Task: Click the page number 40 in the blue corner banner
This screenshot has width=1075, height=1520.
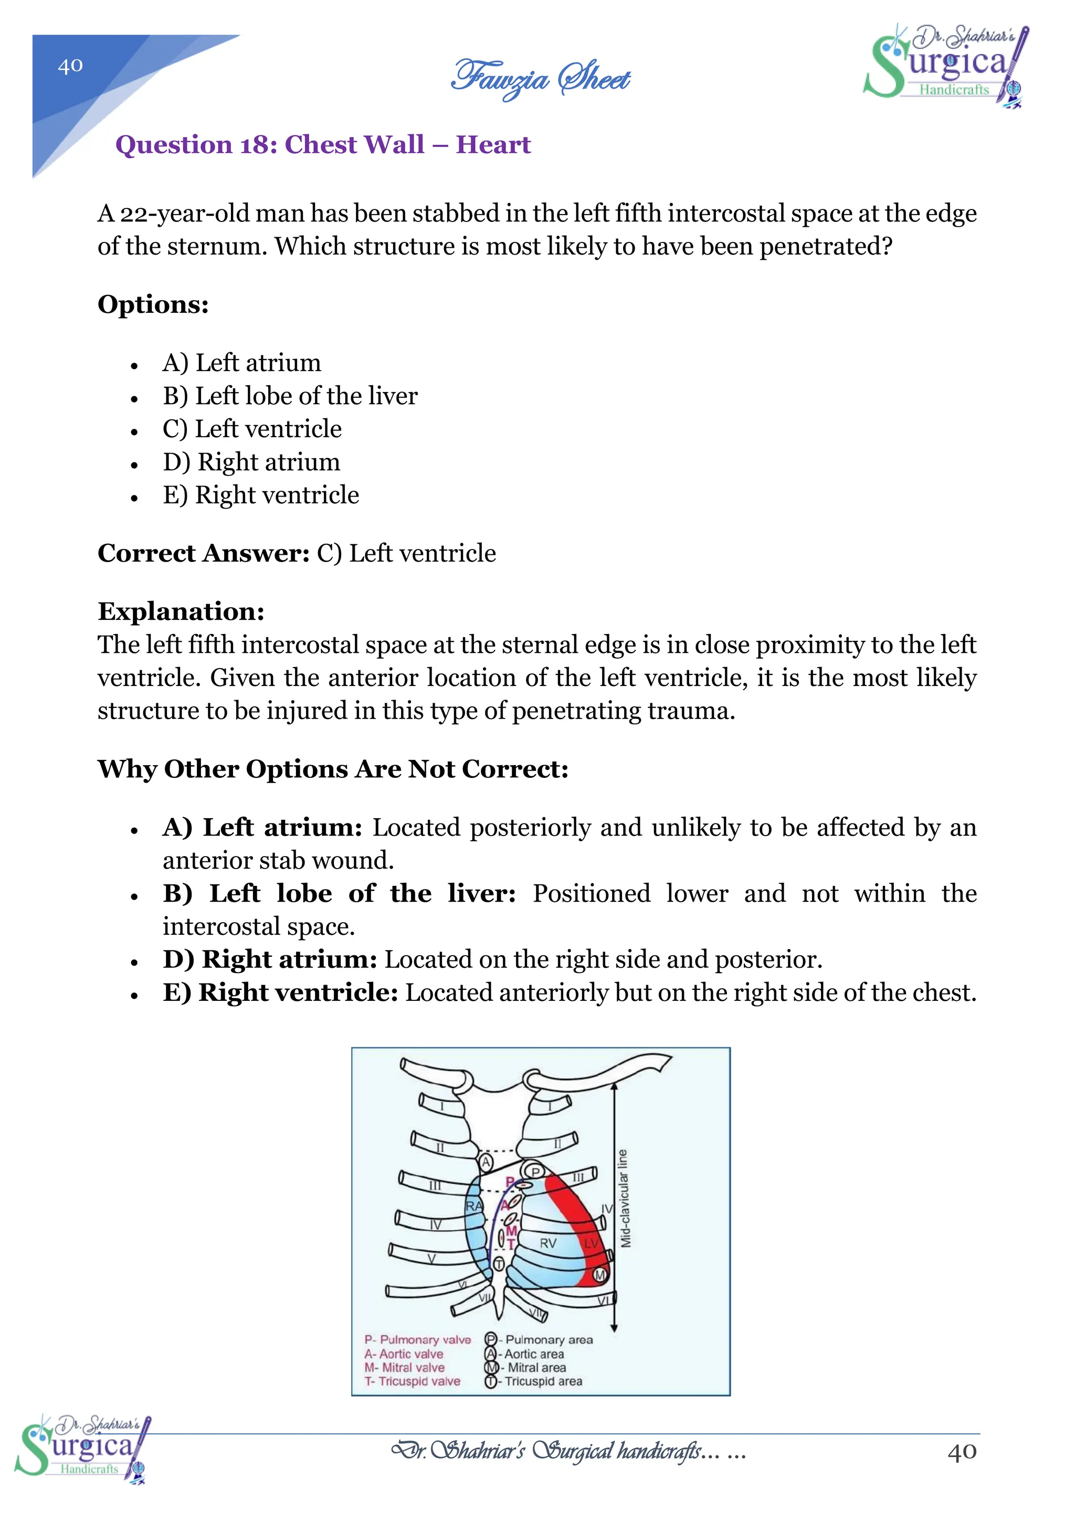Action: coord(70,66)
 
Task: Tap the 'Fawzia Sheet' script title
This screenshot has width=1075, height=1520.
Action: coord(540,78)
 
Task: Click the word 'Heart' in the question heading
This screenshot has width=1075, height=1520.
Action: coord(493,144)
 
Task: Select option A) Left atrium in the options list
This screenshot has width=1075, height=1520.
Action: coord(241,363)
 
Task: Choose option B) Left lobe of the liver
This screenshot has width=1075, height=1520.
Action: coord(290,396)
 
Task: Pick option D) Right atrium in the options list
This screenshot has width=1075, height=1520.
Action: coord(251,462)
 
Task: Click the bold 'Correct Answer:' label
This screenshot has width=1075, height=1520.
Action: coord(203,553)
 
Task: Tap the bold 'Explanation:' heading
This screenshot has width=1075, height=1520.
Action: coord(181,611)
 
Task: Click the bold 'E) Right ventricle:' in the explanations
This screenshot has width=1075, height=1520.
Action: coord(280,993)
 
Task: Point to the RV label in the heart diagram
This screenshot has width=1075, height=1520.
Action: coord(548,1243)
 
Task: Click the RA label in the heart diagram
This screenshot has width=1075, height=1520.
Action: coord(474,1206)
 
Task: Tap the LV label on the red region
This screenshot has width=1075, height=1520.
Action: coord(591,1243)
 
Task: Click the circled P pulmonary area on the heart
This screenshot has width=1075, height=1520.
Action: coord(536,1173)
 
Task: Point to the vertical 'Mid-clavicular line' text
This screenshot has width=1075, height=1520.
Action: coord(624,1198)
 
